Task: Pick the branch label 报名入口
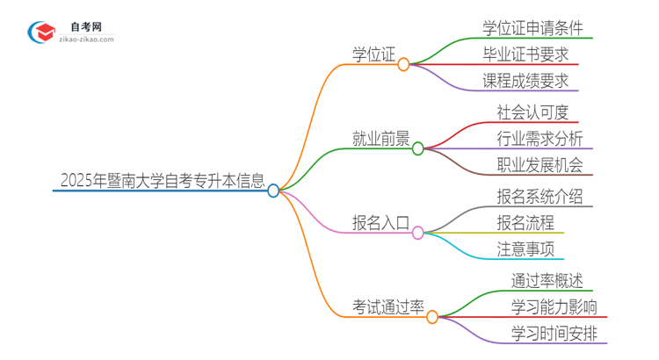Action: click(379, 224)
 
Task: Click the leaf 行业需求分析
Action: click(539, 138)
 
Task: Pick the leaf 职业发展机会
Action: click(539, 166)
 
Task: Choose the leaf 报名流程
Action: click(525, 222)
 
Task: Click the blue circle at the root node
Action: click(273, 190)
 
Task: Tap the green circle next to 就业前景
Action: click(418, 148)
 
